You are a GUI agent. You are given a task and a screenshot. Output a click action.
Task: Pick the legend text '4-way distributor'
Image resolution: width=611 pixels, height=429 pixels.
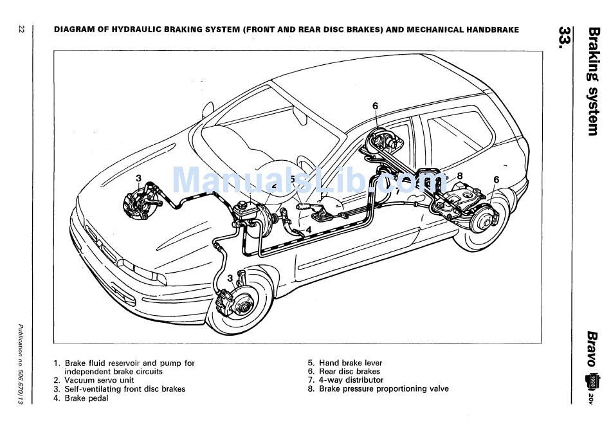tap(351, 380)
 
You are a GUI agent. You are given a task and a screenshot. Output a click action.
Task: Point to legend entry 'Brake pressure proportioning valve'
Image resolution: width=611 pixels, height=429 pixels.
tap(383, 389)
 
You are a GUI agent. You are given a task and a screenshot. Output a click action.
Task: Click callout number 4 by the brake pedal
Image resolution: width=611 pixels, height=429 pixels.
tap(309, 229)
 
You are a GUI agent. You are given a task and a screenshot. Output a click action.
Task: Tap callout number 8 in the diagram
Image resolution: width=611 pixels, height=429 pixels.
tap(460, 176)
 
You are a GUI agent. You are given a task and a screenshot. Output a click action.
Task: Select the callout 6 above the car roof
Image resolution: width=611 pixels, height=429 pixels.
tap(375, 105)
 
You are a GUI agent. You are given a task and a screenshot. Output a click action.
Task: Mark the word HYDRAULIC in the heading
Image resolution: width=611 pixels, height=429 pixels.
tap(145, 30)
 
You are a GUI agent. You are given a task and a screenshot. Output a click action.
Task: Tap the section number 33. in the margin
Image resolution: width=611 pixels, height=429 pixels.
tap(565, 39)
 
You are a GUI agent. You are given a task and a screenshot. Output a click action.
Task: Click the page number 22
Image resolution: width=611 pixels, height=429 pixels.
tap(21, 30)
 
